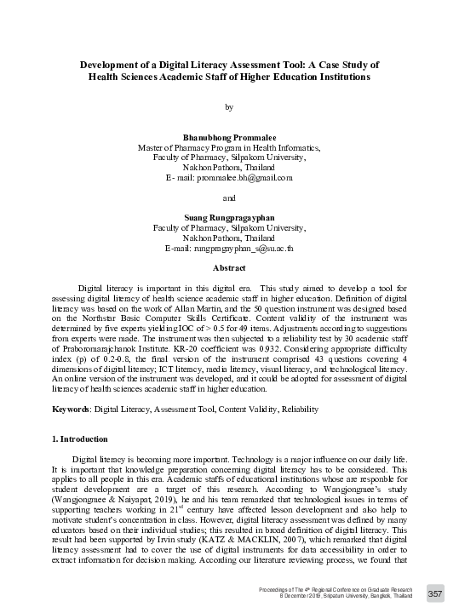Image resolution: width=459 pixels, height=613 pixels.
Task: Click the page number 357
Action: point(435,593)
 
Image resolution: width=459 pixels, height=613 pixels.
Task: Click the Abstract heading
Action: point(228,268)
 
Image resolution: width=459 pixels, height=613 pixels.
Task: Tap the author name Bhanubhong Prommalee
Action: point(228,137)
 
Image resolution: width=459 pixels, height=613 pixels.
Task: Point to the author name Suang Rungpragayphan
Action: point(228,218)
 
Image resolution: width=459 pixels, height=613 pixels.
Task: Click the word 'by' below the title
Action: point(228,107)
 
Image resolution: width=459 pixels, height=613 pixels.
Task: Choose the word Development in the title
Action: point(115,65)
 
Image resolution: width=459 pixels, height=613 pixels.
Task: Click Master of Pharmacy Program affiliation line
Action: point(228,147)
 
